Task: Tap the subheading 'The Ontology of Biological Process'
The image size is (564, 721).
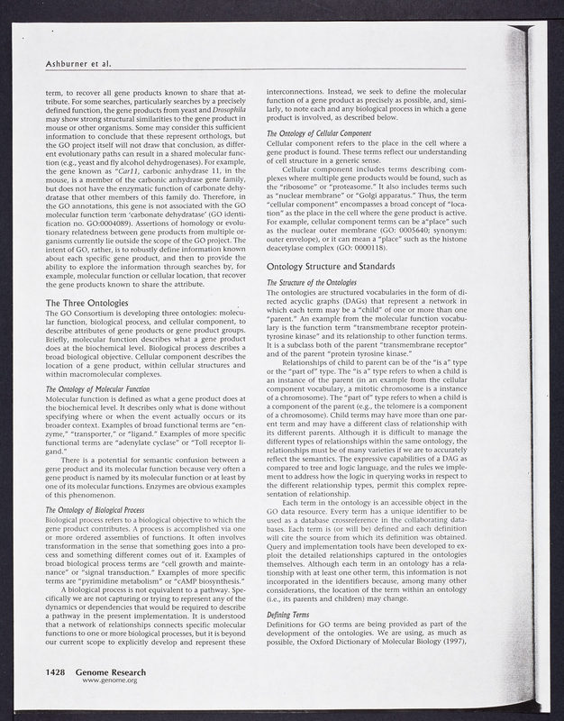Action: coord(100,535)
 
